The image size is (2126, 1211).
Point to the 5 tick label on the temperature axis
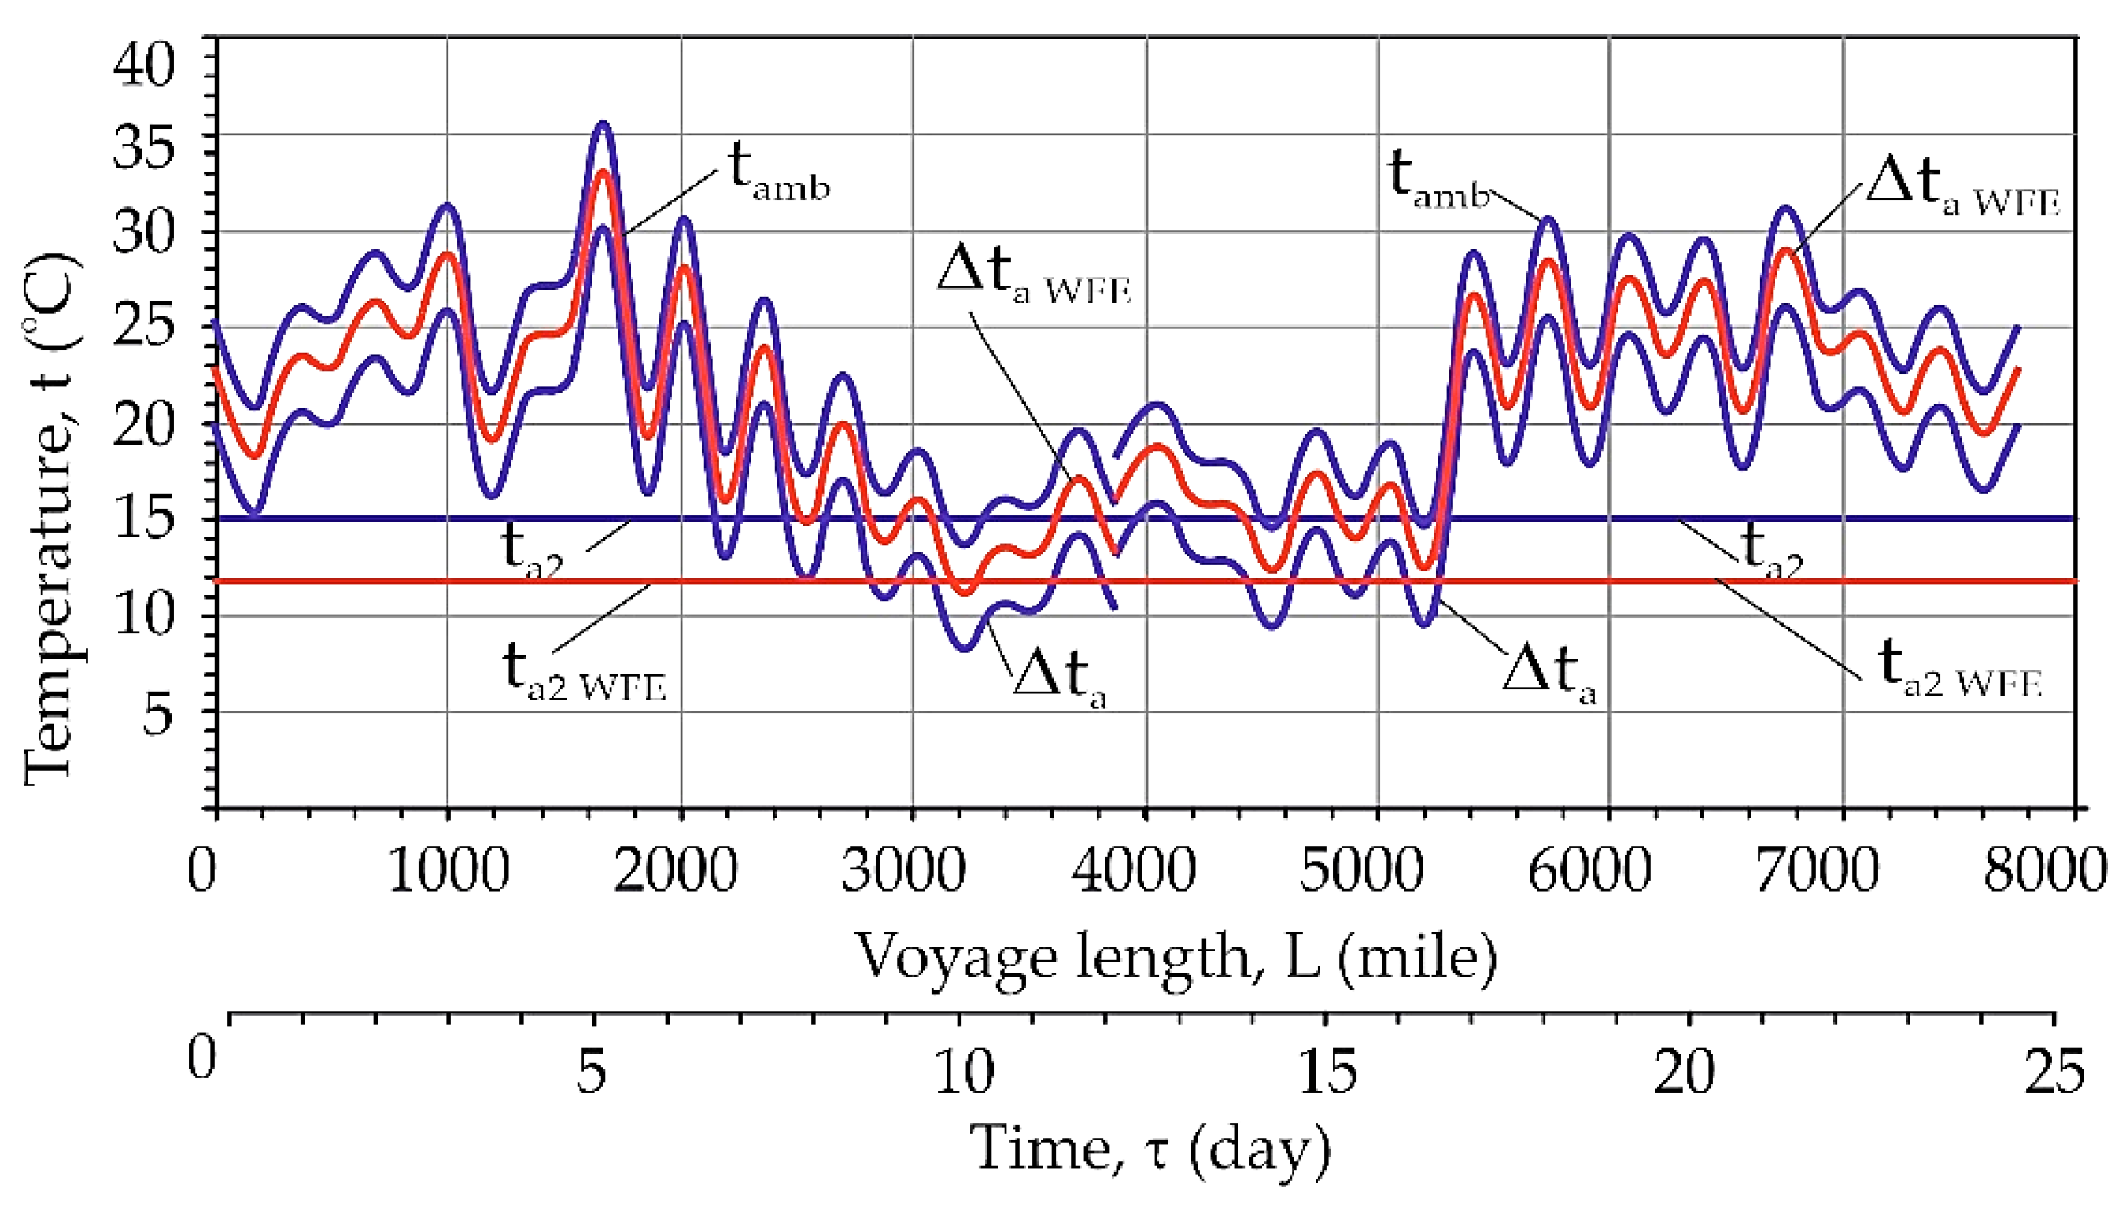pos(158,713)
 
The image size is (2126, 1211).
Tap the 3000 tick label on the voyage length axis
pos(904,870)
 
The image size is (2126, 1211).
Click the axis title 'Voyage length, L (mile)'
pos(1176,958)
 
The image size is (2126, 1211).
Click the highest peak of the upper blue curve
pos(602,125)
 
